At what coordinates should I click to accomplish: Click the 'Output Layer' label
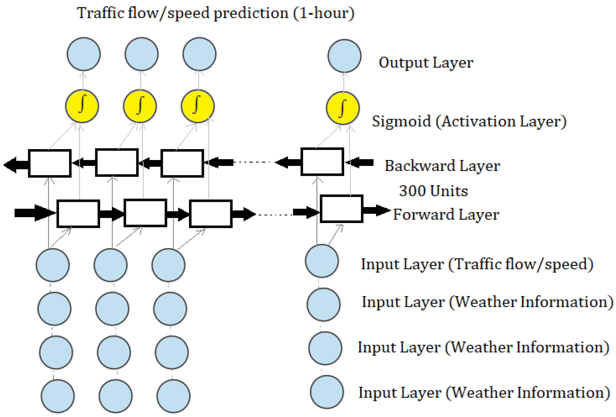pos(426,63)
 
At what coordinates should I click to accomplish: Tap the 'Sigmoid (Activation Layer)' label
pos(469,121)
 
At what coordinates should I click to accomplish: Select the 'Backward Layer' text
pos(442,166)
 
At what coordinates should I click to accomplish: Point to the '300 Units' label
pos(433,191)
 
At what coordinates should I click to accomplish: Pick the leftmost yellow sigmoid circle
pos(82,106)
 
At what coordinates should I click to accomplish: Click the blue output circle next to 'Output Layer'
pos(344,56)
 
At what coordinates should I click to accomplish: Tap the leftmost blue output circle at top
pos(84,54)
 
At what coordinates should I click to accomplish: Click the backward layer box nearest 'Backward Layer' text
pos(322,162)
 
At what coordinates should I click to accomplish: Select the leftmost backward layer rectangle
pos(50,163)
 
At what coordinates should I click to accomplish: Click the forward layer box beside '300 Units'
pos(341,209)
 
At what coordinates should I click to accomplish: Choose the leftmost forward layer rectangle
pos(78,214)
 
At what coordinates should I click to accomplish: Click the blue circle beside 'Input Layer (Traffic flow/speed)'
pos(322,261)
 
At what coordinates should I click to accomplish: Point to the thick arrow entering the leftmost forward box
pos(34,213)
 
